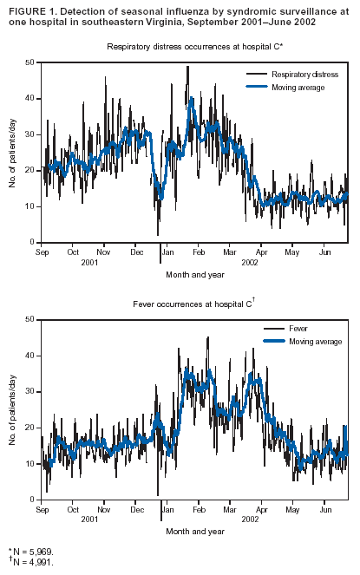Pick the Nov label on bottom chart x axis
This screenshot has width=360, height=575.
(103, 510)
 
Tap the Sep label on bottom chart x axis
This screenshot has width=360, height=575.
(42, 510)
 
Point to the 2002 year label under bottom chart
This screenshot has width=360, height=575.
(250, 519)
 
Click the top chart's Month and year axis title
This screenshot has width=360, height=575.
(194, 274)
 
